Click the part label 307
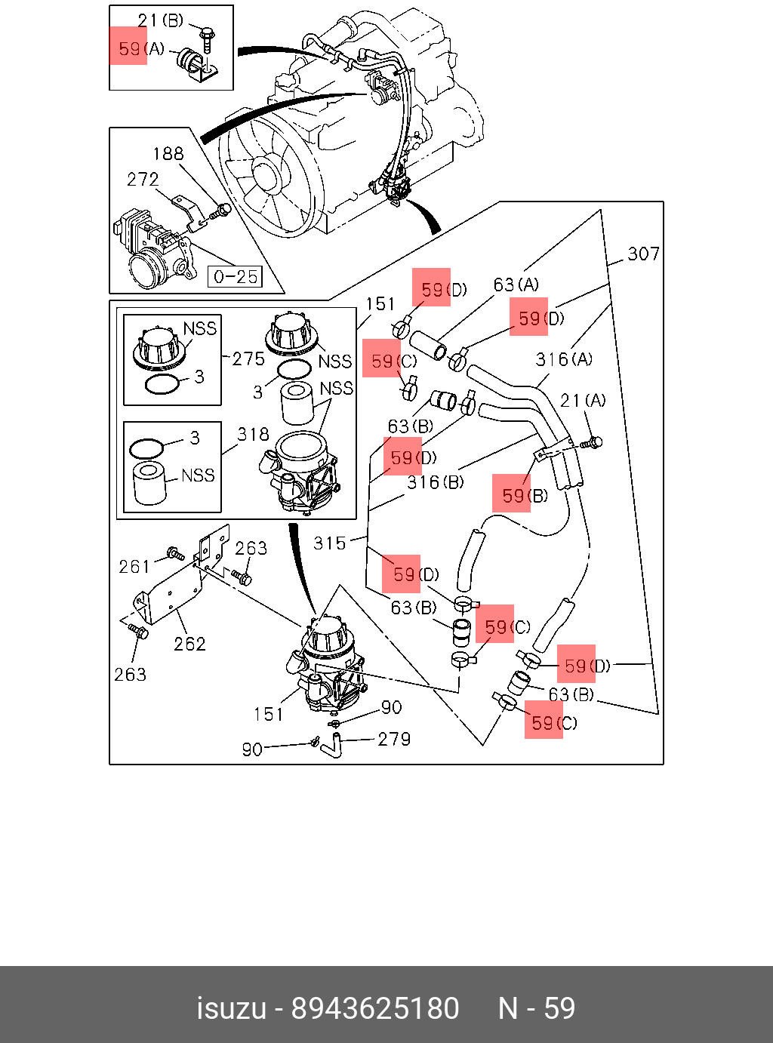point(643,254)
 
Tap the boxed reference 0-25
point(236,277)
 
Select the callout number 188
point(168,154)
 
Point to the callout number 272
point(143,180)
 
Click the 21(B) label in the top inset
point(160,21)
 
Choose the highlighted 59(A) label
point(140,49)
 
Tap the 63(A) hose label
point(516,285)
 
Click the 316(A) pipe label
point(564,359)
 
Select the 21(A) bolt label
point(583,400)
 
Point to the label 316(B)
point(436,482)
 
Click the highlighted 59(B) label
point(525,496)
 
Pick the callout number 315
point(329,543)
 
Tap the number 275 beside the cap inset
point(248,359)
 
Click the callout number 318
point(253,435)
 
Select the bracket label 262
point(189,644)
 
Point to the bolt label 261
point(134,566)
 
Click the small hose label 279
point(394,739)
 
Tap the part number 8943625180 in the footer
point(375,1008)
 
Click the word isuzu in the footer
point(232,1008)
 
